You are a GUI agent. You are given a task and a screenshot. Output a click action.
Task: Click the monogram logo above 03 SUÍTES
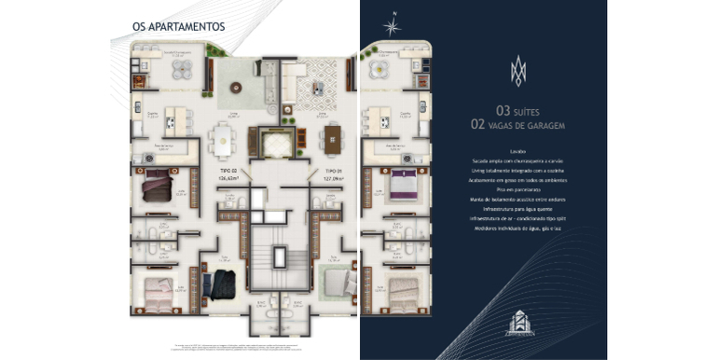pyautogui.click(x=518, y=70)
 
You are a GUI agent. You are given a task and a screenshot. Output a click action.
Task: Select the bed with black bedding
pyautogui.click(x=223, y=284)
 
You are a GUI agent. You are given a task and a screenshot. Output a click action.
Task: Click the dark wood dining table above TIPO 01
pyautogui.click(x=333, y=141)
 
